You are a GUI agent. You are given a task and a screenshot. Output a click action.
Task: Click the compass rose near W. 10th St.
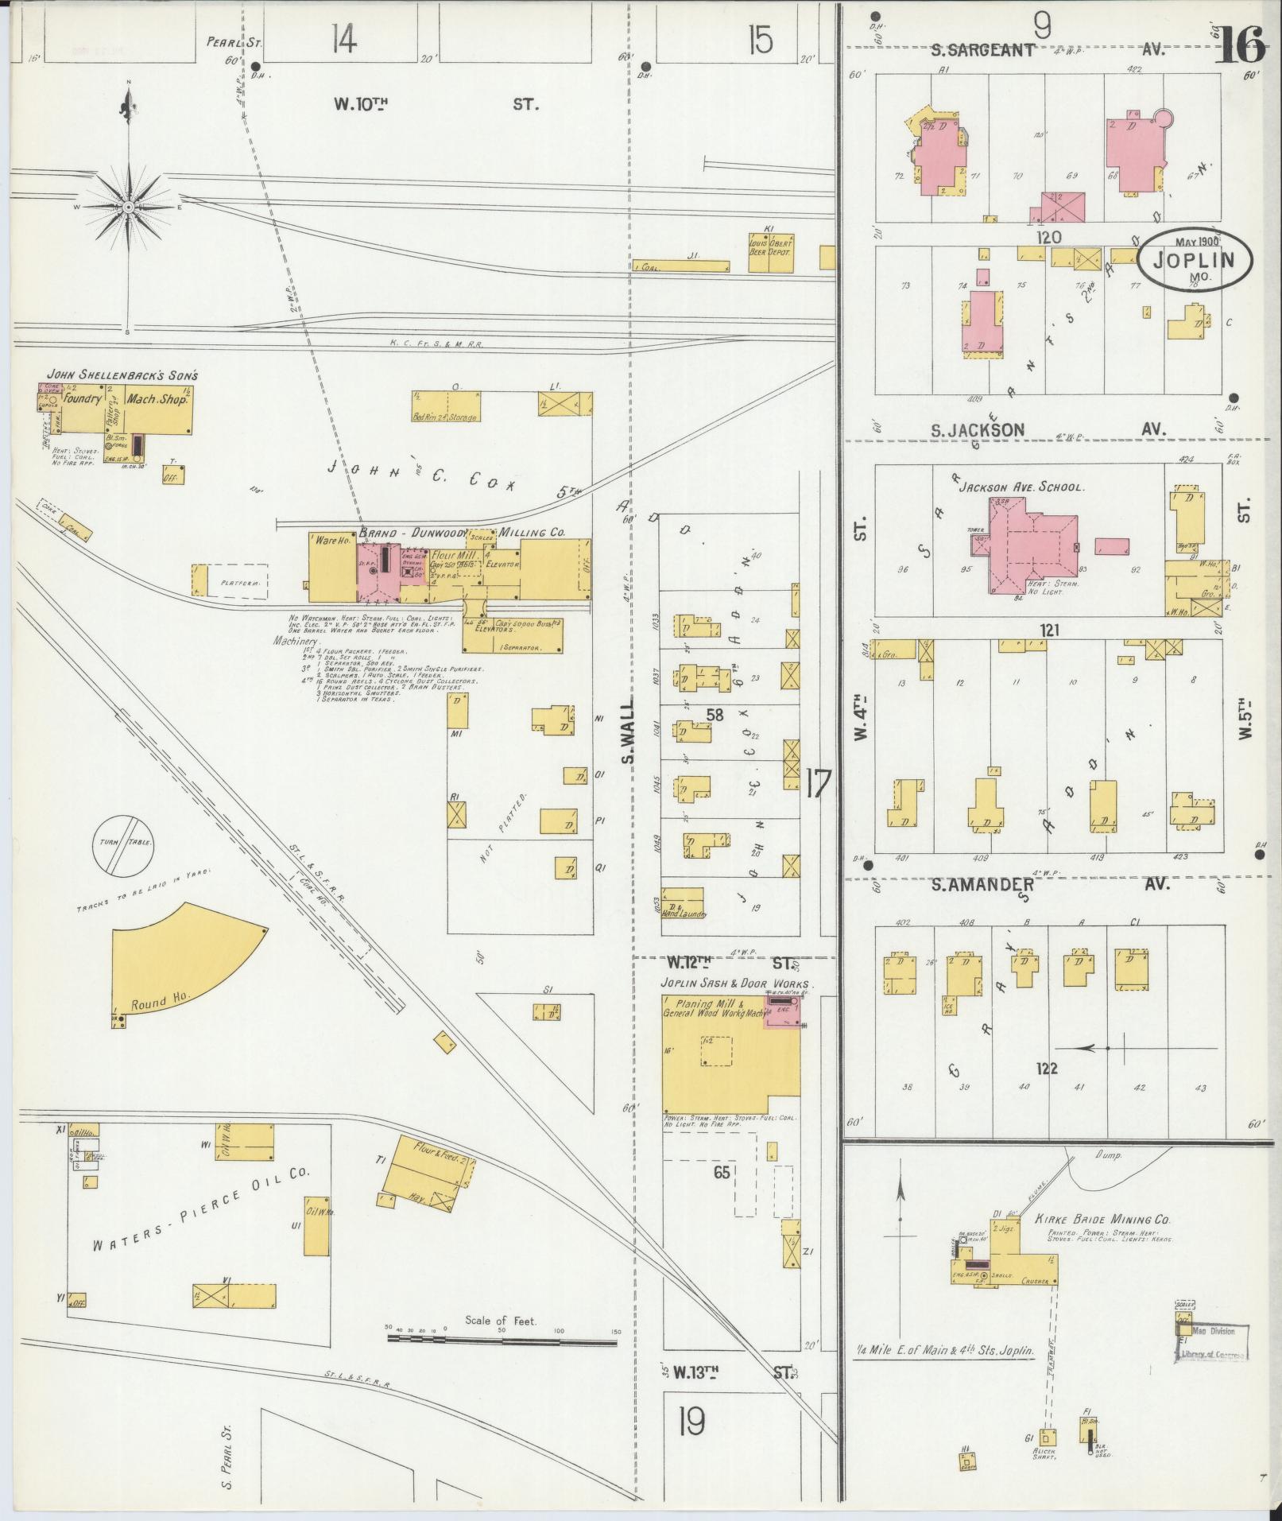click(128, 207)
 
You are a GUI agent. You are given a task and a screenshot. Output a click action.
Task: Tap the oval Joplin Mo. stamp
click(1195, 261)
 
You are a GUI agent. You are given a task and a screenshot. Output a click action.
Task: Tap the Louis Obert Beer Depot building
click(769, 251)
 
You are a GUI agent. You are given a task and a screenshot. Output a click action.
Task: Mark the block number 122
click(1047, 1068)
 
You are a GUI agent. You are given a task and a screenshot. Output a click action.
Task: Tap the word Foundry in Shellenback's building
click(83, 400)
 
